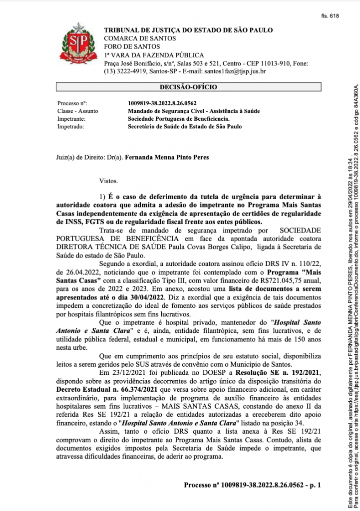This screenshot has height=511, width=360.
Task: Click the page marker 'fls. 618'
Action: tap(330, 16)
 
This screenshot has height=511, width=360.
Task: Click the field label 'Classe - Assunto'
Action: tap(78, 111)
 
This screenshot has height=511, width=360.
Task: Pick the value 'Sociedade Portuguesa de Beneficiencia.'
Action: tap(179, 119)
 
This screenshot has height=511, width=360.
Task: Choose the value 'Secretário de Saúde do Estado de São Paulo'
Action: tap(185, 127)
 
